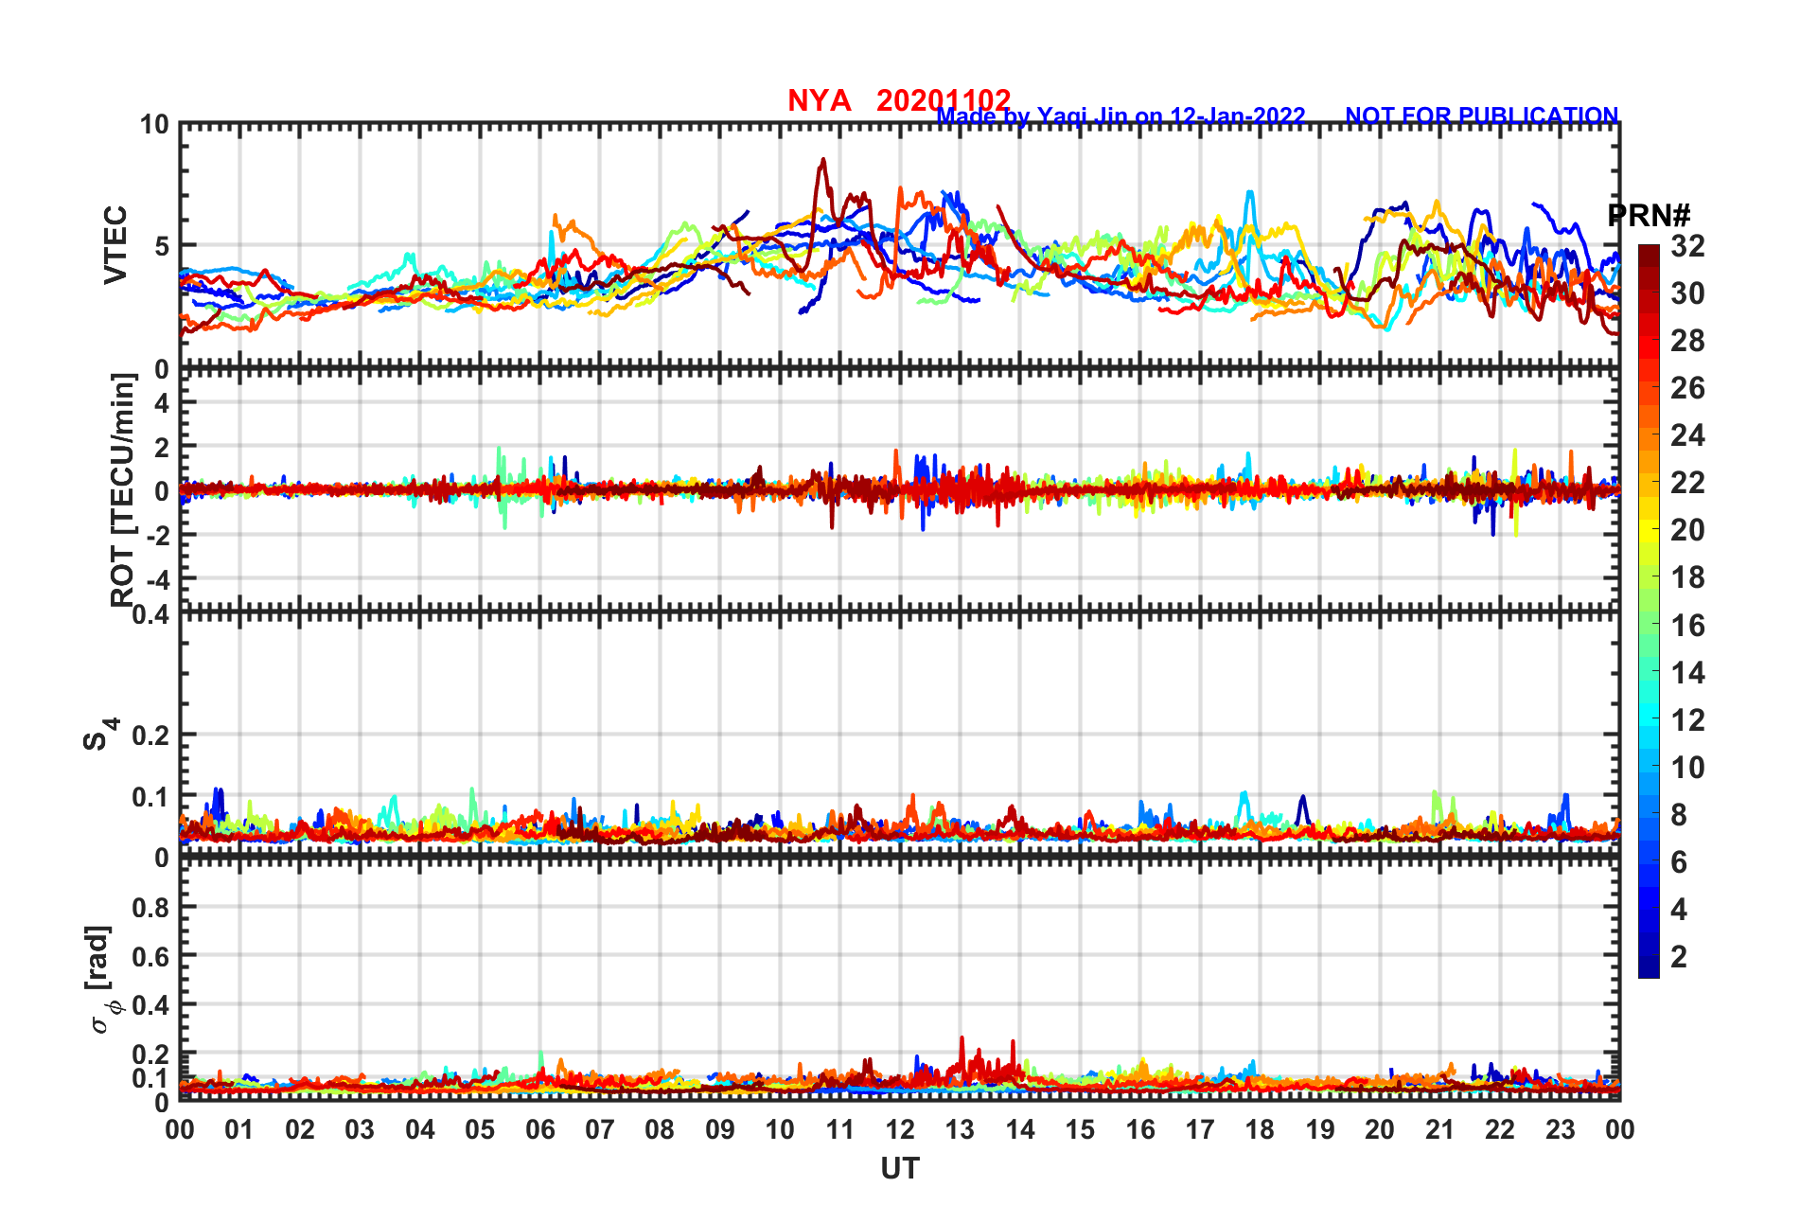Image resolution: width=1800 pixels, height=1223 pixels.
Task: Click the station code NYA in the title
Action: [x=819, y=100]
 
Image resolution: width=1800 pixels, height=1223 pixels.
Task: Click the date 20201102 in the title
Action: [x=943, y=100]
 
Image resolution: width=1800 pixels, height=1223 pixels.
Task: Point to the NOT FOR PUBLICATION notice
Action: [x=1481, y=115]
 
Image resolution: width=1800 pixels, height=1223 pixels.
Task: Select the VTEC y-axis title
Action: [x=115, y=245]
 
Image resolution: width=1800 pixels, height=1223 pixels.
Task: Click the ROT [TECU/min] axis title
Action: [x=123, y=489]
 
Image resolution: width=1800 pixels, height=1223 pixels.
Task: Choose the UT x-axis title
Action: [x=899, y=1169]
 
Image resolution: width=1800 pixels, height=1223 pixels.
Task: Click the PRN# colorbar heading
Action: [x=1649, y=216]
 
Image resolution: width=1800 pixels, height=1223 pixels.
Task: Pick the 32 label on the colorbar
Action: [x=1687, y=247]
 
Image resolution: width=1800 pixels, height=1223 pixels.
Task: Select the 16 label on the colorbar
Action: [x=1687, y=626]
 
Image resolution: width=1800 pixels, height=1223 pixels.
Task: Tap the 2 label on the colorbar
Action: [x=1679, y=957]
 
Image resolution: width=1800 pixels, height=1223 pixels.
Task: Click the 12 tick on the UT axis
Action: [x=900, y=1129]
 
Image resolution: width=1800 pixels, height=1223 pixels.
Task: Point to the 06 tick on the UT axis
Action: [x=539, y=1129]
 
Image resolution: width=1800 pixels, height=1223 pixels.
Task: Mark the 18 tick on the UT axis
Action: [x=1260, y=1129]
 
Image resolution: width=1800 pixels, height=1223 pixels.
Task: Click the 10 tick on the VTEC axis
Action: [x=154, y=125]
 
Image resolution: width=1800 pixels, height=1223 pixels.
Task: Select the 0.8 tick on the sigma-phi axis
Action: [x=150, y=907]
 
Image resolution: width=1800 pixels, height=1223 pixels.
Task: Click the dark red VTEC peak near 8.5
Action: [x=823, y=161]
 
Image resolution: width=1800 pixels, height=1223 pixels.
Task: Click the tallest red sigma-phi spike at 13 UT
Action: [x=962, y=1039]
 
